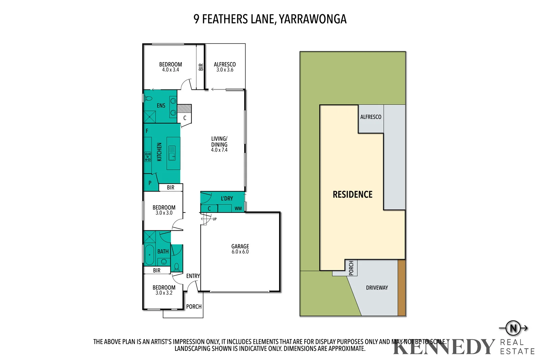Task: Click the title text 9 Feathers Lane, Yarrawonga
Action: pyautogui.click(x=270, y=19)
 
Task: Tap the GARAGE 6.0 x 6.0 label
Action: pyautogui.click(x=240, y=249)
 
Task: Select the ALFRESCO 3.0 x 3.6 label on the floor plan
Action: pyautogui.click(x=225, y=67)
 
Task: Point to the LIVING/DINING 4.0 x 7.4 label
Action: pyautogui.click(x=219, y=144)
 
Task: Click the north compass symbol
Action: pyautogui.click(x=513, y=328)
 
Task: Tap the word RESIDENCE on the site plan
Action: pyautogui.click(x=352, y=194)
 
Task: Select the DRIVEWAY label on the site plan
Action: pyautogui.click(x=377, y=288)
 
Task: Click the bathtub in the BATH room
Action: pyautogui.click(x=149, y=255)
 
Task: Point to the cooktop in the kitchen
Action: pyautogui.click(x=147, y=157)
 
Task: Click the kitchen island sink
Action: pyautogui.click(x=172, y=153)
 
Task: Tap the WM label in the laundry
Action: pyautogui.click(x=238, y=209)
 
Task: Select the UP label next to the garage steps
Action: pyautogui.click(x=215, y=219)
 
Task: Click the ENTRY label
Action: pyautogui.click(x=193, y=276)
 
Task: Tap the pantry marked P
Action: pyautogui.click(x=150, y=183)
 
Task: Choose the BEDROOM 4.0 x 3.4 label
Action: pyautogui.click(x=170, y=67)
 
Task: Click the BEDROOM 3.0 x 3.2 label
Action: pyautogui.click(x=164, y=290)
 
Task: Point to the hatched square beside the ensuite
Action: pyautogui.click(x=184, y=108)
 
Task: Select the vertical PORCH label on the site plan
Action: pyautogui.click(x=351, y=268)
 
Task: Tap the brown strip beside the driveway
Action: pyautogui.click(x=401, y=288)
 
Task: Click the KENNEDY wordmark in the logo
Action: pyautogui.click(x=443, y=347)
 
